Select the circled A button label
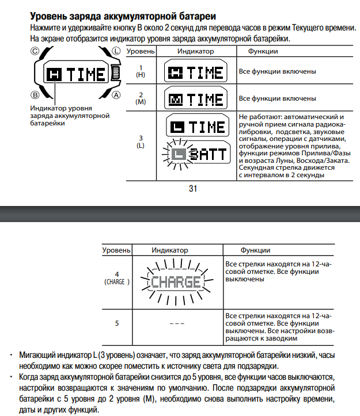coord(116,94)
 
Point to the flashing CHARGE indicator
coord(176,281)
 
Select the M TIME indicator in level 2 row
coord(195,98)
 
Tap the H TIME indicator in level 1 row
coord(195,72)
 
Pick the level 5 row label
coord(117,323)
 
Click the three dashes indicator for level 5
coord(176,323)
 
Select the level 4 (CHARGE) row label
coord(117,278)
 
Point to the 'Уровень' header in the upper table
coord(140,52)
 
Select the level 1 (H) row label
coord(140,71)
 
